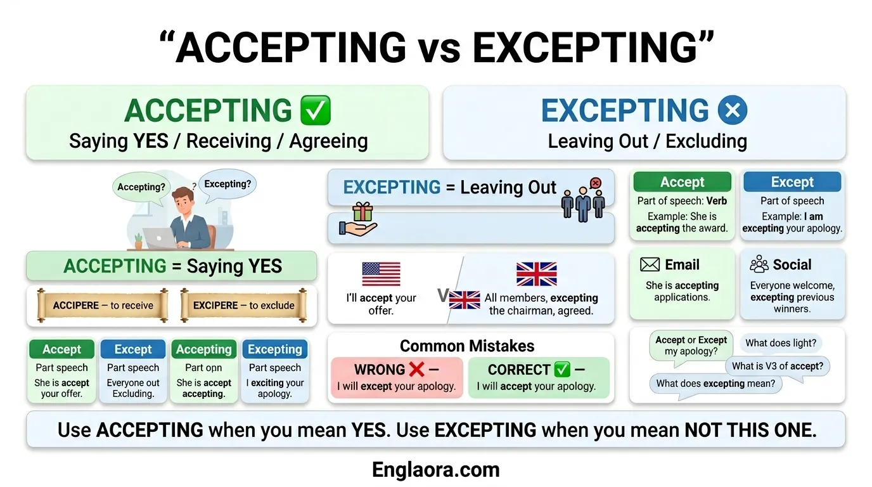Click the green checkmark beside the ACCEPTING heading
point(314,111)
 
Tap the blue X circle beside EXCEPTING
point(732,111)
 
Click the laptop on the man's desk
point(160,238)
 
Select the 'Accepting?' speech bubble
point(141,187)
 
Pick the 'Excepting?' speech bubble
point(228,185)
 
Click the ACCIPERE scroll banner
point(103,306)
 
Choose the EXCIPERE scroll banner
point(244,306)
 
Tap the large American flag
point(381,274)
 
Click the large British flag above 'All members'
point(536,274)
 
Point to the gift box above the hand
point(362,212)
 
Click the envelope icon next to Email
point(650,264)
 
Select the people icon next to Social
point(759,264)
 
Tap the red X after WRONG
point(416,369)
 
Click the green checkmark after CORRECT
point(562,369)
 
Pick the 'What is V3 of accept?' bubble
point(778,366)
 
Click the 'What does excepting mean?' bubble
point(715,384)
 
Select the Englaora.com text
point(436,470)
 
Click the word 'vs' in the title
point(439,48)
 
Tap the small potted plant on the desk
point(138,240)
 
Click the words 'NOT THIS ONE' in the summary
point(750,430)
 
